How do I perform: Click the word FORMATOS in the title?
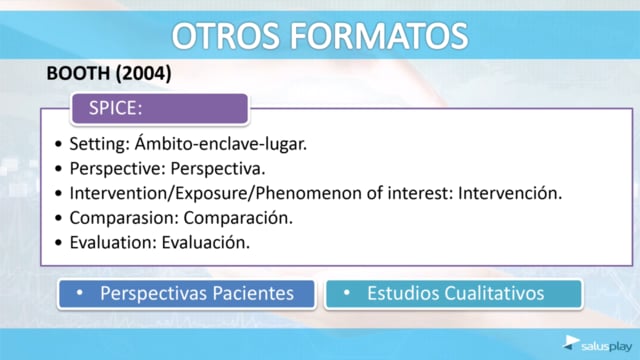pos(379,36)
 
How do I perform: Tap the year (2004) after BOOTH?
pos(143,74)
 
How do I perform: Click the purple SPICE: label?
pos(160,109)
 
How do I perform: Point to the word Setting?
pos(99,144)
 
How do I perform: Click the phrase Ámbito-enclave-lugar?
pos(221,144)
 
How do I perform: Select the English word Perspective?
pos(117,169)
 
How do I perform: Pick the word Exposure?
pos(212,193)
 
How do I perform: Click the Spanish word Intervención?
pos(510,193)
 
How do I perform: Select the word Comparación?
pos(238,218)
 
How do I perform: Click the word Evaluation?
pos(113,242)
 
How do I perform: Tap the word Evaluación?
pos(206,242)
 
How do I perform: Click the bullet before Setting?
pos(58,144)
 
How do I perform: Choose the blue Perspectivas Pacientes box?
pos(187,294)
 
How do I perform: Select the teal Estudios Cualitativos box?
pos(453,294)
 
